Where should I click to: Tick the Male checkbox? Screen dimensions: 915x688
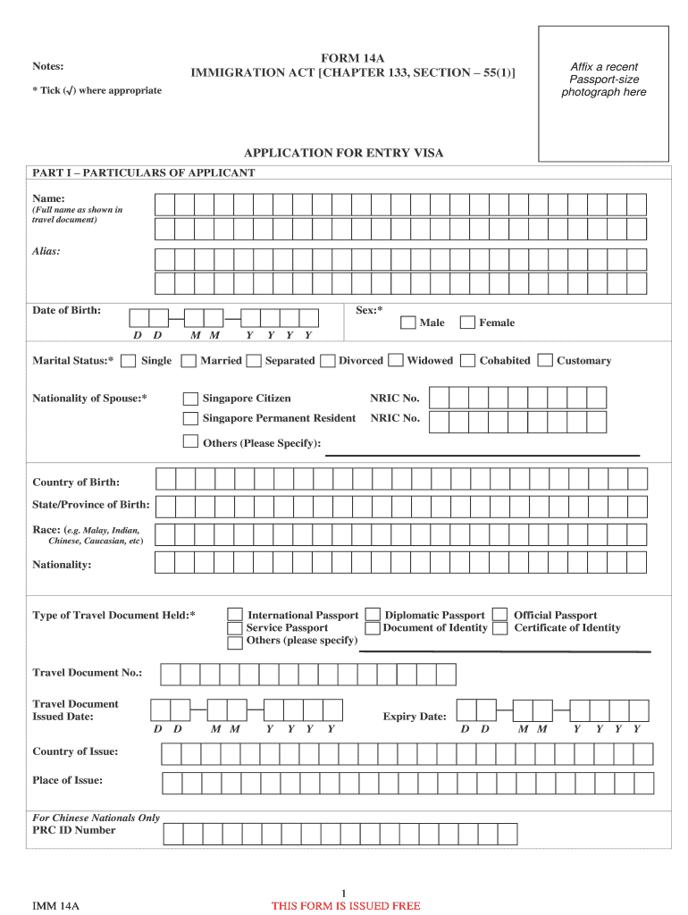coord(407,323)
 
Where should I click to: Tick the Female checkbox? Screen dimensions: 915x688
coord(467,323)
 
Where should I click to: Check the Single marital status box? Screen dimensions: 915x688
coord(129,361)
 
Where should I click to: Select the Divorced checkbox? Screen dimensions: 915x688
coord(328,361)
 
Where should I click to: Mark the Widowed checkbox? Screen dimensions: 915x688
coord(396,361)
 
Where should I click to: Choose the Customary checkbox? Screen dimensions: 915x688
coord(545,361)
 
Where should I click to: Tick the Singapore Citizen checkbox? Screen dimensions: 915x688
coord(190,399)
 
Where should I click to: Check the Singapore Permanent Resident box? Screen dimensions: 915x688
coord(190,418)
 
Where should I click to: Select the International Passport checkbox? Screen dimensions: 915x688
coord(235,615)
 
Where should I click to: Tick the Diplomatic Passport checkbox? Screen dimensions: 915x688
coord(373,615)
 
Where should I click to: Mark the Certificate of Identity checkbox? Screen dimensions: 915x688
coord(500,628)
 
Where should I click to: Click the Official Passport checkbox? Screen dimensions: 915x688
coord(500,615)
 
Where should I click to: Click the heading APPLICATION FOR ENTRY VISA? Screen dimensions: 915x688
coord(343,153)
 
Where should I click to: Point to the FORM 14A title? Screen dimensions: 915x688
coord(352,58)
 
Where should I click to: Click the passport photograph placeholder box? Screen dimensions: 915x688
coord(603,94)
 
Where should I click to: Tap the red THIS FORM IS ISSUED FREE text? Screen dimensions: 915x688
coord(346,906)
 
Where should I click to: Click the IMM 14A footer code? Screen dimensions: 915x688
coord(56,906)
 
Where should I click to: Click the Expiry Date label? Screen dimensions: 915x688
coord(415,717)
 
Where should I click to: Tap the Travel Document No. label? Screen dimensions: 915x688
coord(88,672)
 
